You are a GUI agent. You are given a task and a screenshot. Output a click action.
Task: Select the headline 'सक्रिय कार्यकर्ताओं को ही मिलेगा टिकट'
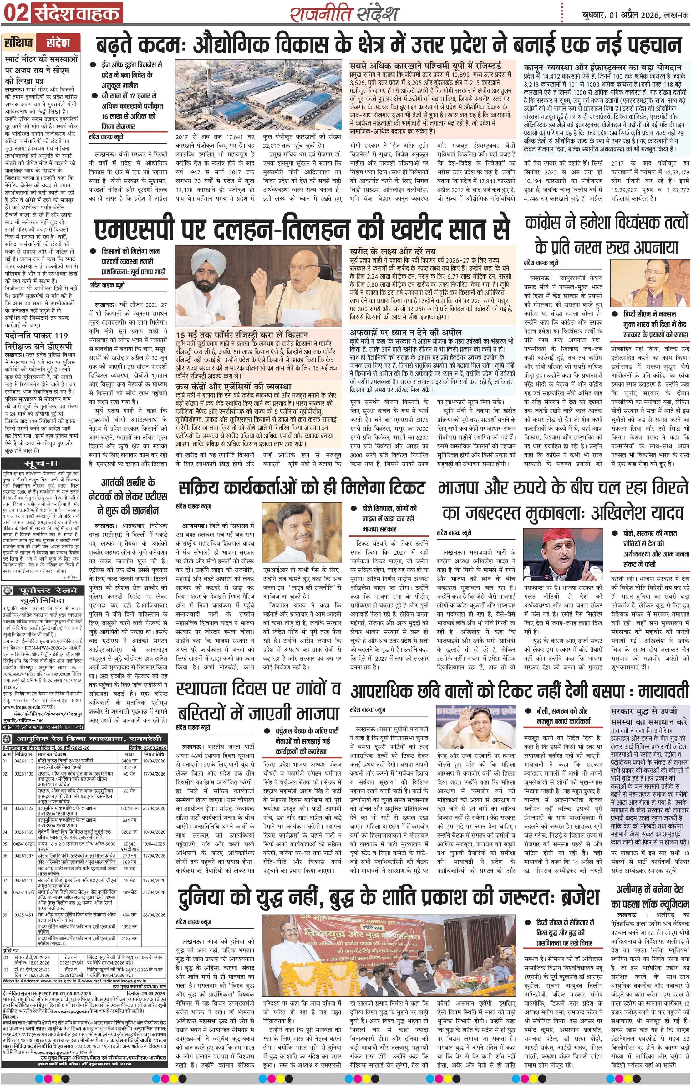301,488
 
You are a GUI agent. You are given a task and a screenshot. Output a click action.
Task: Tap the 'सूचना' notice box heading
41,463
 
